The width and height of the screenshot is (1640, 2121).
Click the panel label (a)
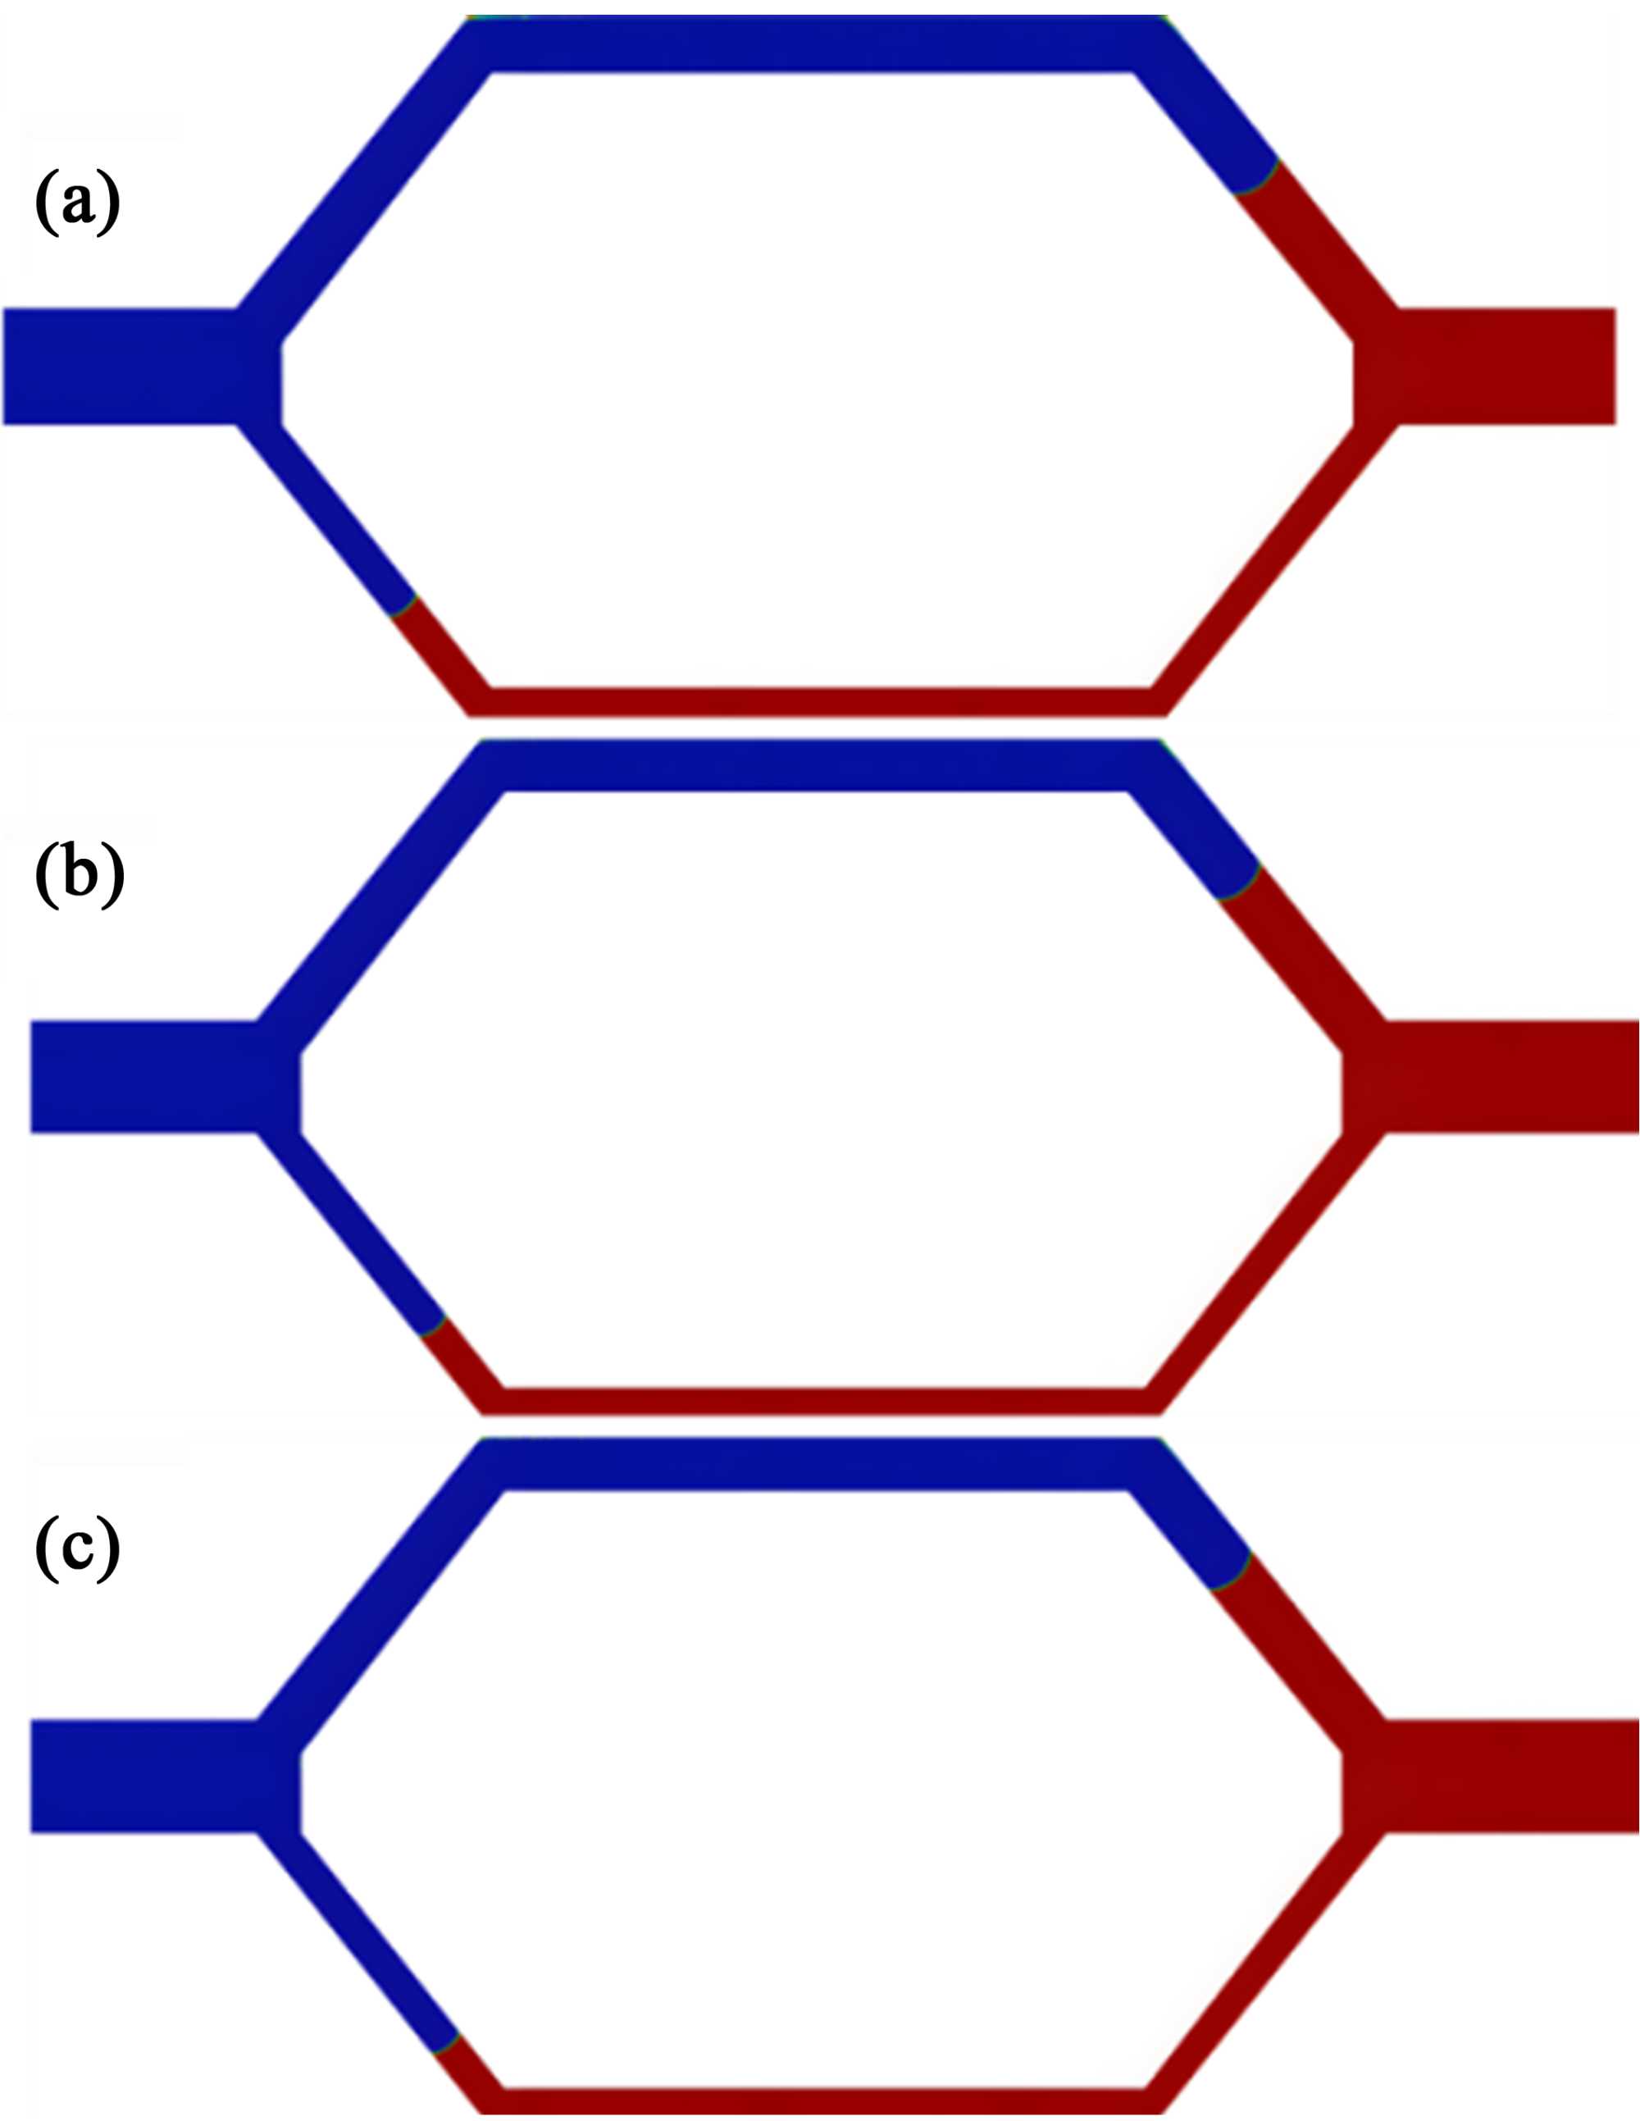click(78, 202)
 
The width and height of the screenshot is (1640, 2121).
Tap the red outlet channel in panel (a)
click(1505, 366)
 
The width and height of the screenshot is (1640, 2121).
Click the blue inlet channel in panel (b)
click(146, 1076)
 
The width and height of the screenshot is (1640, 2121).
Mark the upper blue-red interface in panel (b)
click(1240, 883)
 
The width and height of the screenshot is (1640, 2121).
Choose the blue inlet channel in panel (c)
click(146, 1775)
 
